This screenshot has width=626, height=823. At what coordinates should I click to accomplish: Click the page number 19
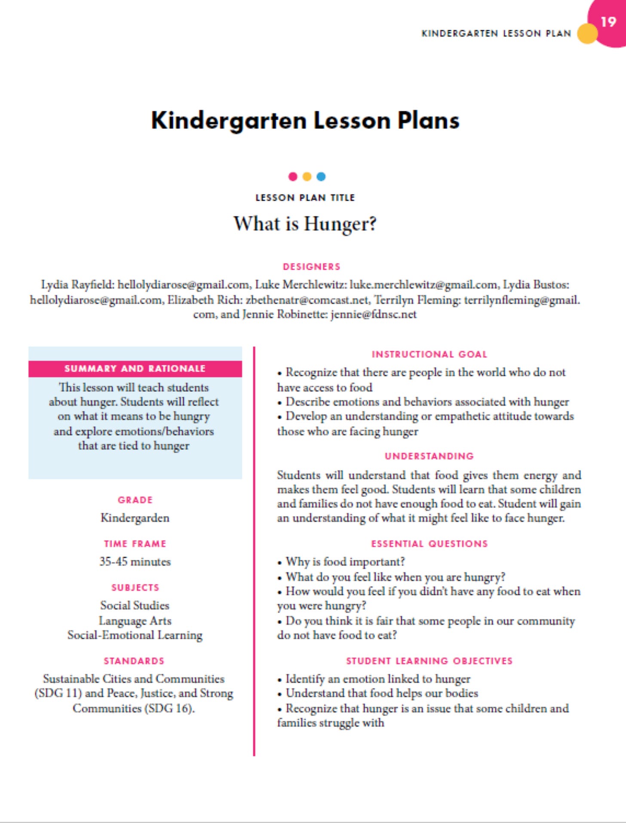(608, 21)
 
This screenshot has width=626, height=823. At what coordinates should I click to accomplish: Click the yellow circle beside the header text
(587, 34)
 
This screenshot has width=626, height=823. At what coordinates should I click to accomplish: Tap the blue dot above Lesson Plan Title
(321, 176)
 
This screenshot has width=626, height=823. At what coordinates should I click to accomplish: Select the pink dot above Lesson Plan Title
(293, 176)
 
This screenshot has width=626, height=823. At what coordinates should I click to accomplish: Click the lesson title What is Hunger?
(305, 224)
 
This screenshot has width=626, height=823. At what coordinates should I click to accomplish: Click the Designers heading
(312, 267)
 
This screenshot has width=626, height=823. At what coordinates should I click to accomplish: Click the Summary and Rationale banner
(135, 369)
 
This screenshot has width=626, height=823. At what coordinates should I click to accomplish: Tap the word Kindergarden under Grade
(135, 518)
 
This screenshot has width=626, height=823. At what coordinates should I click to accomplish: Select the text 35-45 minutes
(135, 562)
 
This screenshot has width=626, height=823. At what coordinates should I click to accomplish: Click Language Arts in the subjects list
(135, 620)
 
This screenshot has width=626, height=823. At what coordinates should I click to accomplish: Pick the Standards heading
(134, 661)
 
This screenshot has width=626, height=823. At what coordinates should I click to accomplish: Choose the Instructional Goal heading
(429, 354)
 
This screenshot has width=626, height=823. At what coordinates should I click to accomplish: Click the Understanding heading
(429, 456)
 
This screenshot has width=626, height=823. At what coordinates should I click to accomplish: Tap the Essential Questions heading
(429, 544)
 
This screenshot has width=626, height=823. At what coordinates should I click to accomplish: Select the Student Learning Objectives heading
(429, 661)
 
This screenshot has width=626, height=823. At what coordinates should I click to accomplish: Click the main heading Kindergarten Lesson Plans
(305, 120)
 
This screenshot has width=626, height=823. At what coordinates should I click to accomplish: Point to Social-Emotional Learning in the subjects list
(135, 635)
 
